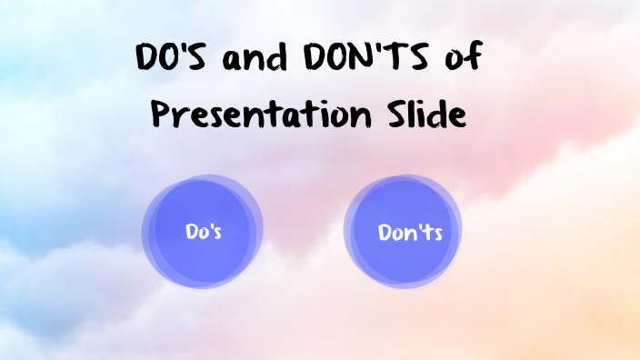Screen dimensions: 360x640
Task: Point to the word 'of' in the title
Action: [x=462, y=62]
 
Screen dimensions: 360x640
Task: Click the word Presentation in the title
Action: [x=261, y=115]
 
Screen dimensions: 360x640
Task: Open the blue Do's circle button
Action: [x=203, y=231]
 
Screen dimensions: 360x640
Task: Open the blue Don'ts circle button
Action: [x=403, y=231]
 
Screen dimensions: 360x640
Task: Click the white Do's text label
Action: [x=204, y=232]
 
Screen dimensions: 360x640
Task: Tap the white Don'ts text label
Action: [x=410, y=233]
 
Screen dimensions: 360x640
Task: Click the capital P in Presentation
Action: [x=160, y=115]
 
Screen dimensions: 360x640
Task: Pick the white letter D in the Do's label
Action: [x=192, y=232]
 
